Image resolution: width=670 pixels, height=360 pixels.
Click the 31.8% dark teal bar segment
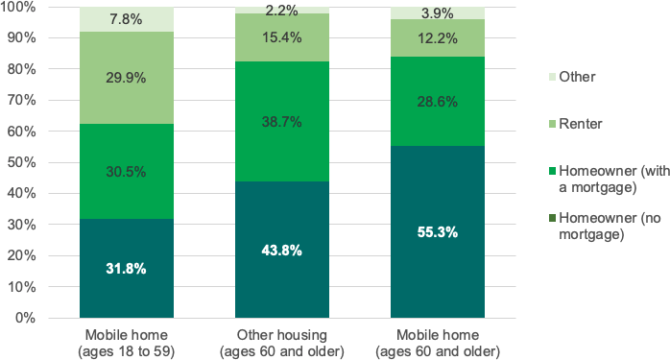[x=127, y=269]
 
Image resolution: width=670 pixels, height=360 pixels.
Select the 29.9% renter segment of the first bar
[x=127, y=78]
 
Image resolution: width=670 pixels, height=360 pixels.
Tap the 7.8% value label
[x=127, y=18]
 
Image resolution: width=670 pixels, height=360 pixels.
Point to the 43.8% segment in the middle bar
[x=282, y=250]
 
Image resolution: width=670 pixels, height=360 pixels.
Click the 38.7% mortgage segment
[x=282, y=122]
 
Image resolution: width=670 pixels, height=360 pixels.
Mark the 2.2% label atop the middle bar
[x=282, y=11]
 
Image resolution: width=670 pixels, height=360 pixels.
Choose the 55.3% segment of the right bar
[x=437, y=231]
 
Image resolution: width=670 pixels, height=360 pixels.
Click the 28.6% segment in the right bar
[x=437, y=102]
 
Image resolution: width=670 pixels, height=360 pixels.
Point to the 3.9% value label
[x=437, y=12]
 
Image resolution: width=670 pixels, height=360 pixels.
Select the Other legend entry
[x=577, y=76]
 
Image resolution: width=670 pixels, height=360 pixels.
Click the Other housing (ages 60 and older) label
[x=282, y=342]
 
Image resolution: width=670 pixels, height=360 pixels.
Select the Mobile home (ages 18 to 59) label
[x=127, y=342]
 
